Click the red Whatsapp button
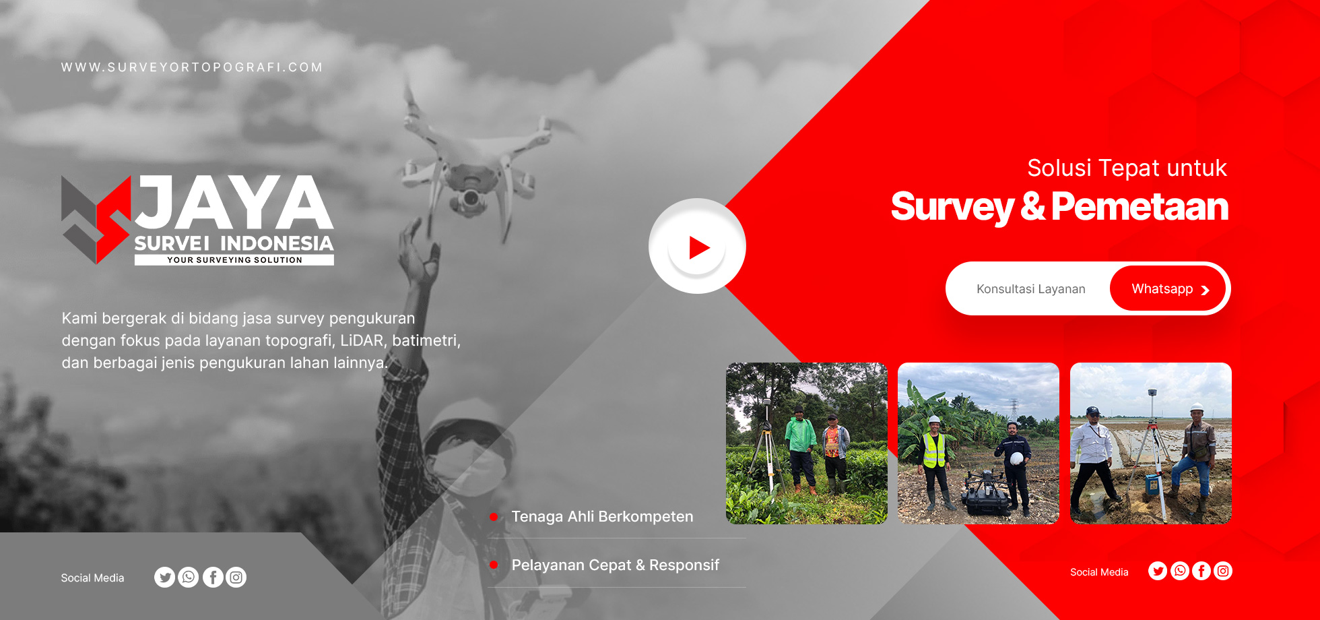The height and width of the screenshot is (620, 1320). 1168,288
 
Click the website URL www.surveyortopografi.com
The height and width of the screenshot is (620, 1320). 192,67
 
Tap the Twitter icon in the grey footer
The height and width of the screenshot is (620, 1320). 164,578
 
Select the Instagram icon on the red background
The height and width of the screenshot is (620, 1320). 1223,571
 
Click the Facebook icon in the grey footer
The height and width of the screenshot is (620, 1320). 213,578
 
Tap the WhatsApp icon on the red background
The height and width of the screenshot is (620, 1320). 1180,571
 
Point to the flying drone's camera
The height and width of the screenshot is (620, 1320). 469,198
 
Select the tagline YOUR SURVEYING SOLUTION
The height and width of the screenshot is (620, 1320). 234,260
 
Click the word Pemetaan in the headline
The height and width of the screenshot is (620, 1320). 1140,206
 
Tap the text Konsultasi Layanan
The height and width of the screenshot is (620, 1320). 1031,289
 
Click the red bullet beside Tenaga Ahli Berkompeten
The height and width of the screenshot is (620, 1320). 494,517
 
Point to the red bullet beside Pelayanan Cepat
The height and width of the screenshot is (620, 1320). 494,565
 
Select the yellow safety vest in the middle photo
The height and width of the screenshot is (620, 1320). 934,450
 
